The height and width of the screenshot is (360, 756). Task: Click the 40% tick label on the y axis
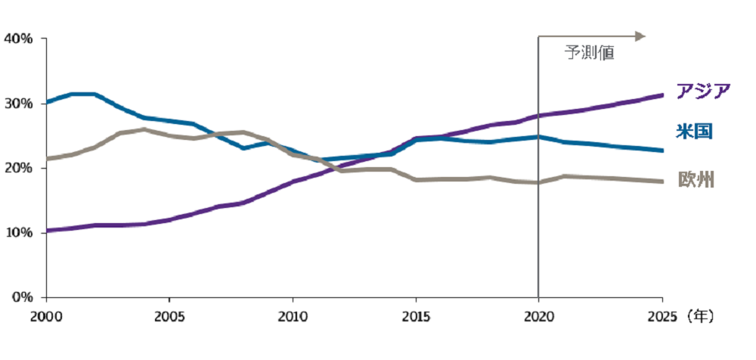point(18,38)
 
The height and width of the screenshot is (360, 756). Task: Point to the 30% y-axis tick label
point(18,104)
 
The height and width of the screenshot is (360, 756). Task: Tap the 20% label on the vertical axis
point(18,168)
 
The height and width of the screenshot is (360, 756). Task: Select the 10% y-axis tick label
point(18,233)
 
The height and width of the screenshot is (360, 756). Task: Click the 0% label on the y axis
point(21,297)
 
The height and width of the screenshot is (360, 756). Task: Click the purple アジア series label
point(703,90)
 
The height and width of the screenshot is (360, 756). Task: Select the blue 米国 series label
point(694,131)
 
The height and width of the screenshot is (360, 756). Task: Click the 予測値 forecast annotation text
point(590,53)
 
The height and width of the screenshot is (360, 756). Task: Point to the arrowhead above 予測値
point(640,36)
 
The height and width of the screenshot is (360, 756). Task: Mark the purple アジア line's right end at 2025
point(662,95)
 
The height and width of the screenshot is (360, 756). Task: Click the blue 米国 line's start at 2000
point(47,102)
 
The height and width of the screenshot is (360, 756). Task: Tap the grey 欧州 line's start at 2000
point(47,158)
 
